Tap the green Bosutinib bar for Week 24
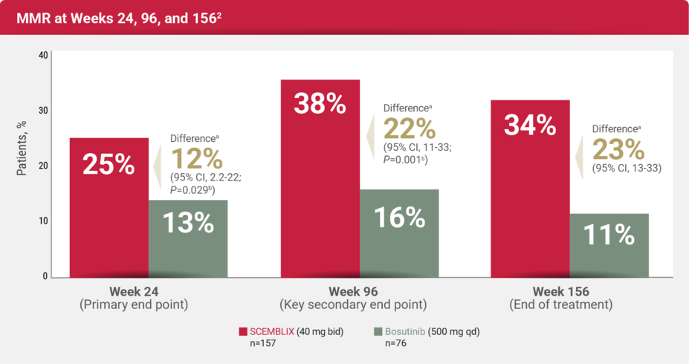pos(188,238)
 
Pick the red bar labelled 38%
pos(320,178)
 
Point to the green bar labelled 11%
pos(609,245)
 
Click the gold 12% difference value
pos(197,159)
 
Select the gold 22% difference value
pos(409,129)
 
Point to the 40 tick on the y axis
pos(43,56)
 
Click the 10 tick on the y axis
pos(43,221)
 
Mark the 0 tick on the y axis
pos(45,276)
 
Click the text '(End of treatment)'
pos(561,305)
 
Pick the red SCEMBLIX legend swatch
pos(242,331)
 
